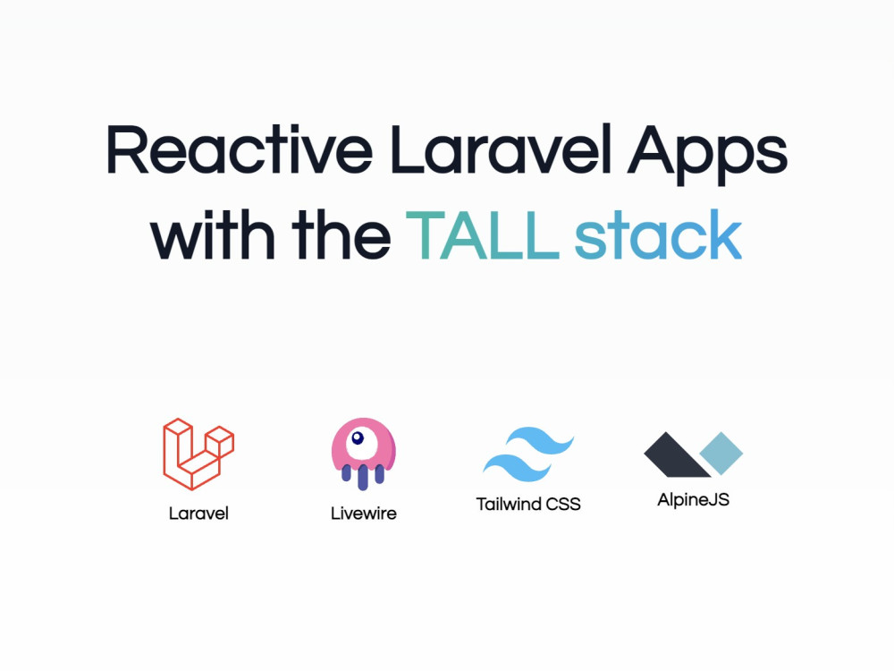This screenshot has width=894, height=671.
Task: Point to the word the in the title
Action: pos(339,234)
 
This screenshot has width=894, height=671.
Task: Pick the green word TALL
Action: pos(483,234)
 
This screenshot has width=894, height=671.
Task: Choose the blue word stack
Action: pos(657,234)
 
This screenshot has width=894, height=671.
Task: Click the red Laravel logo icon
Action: pos(198,454)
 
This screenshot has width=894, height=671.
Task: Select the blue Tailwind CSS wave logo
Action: pos(528,454)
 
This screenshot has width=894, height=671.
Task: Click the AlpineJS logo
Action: pos(693,454)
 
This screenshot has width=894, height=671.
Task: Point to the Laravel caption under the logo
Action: pos(198,514)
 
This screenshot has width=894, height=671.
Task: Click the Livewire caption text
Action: pos(363,514)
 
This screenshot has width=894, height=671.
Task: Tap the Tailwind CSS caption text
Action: pos(528,505)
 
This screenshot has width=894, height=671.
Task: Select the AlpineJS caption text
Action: pos(693,500)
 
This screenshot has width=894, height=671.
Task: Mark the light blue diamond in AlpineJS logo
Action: pos(721,453)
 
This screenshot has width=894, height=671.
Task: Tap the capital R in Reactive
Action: pos(125,150)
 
